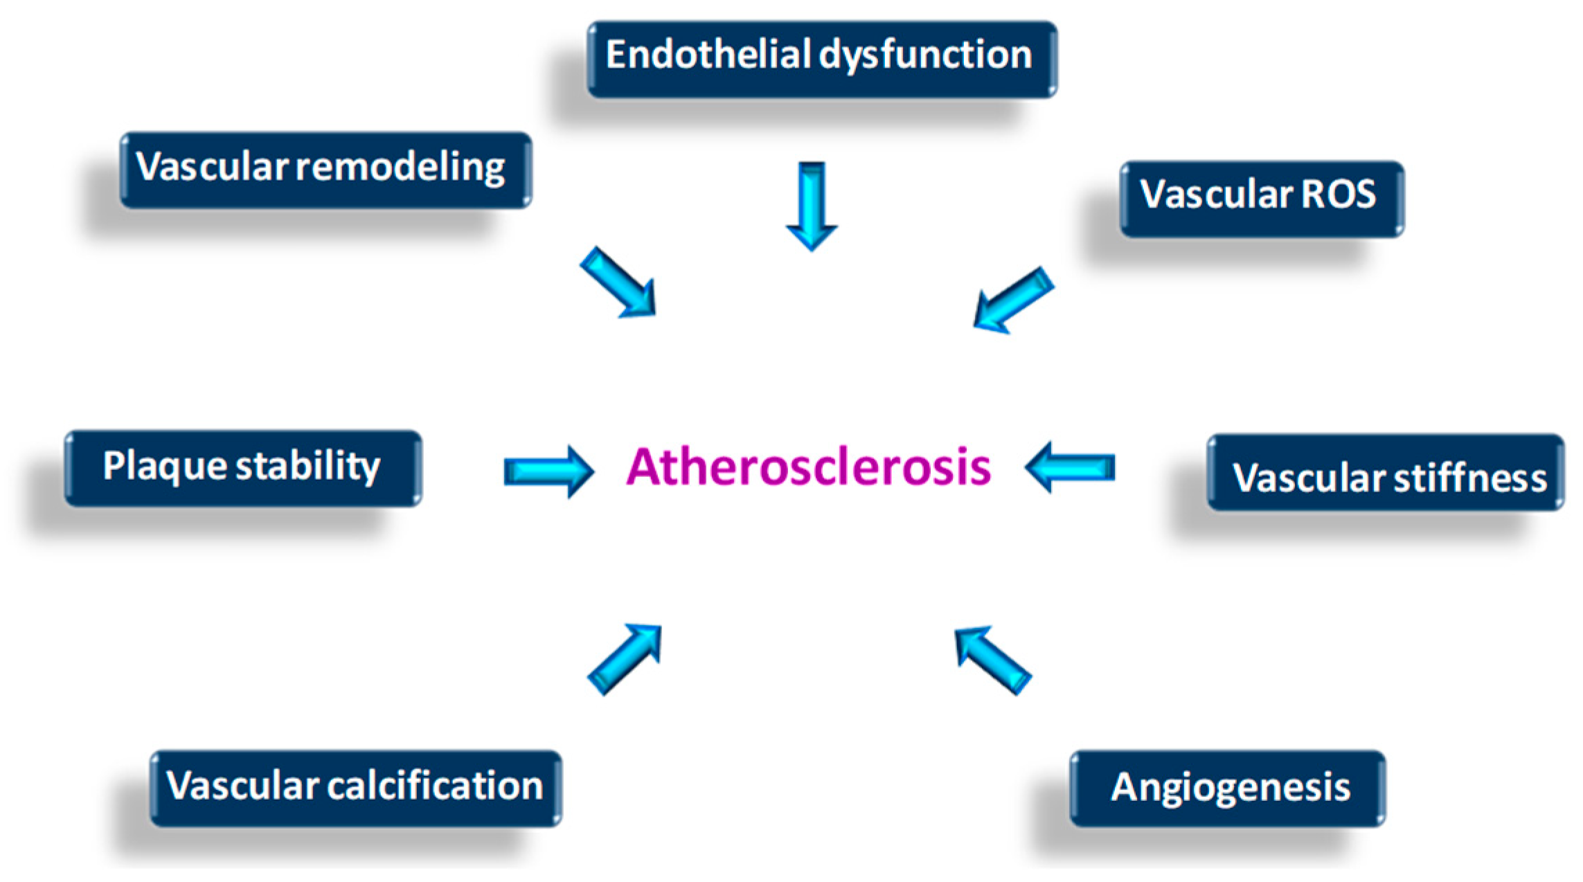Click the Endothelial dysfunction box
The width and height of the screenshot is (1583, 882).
click(822, 60)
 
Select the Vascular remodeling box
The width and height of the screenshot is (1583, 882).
click(326, 170)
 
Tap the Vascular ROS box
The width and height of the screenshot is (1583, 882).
click(1262, 199)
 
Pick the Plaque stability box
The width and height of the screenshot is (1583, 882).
click(243, 469)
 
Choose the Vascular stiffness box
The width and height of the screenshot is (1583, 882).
click(1385, 473)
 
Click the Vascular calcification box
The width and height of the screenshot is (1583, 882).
click(356, 789)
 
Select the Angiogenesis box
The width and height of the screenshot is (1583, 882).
click(1227, 789)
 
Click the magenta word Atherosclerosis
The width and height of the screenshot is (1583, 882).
click(808, 467)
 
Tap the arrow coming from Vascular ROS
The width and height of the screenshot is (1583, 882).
click(1012, 300)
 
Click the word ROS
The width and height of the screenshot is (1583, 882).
click(1338, 194)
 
